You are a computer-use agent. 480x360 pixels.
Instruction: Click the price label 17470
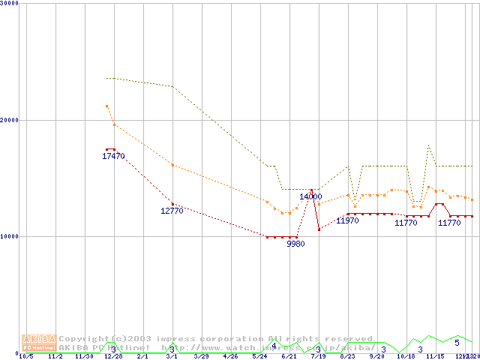(x=113, y=156)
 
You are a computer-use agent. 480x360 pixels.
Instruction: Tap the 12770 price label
(x=172, y=211)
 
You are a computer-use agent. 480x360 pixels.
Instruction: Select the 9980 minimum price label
(x=295, y=244)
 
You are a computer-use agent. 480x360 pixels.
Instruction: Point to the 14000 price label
(x=310, y=196)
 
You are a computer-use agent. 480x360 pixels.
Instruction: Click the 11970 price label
(x=347, y=220)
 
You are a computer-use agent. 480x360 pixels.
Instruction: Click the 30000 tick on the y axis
(x=10, y=3)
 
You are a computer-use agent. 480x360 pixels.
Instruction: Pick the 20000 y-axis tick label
(x=10, y=120)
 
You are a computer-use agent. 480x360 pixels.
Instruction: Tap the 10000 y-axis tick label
(x=10, y=236)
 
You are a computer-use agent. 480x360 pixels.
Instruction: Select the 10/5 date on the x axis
(x=25, y=356)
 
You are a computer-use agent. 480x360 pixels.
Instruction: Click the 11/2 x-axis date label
(x=55, y=356)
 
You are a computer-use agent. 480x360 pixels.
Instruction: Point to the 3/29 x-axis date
(x=201, y=356)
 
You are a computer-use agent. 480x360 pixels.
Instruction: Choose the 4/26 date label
(x=230, y=356)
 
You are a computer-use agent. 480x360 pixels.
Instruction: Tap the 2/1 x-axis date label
(x=142, y=356)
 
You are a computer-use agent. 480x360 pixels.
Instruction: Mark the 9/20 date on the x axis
(x=376, y=356)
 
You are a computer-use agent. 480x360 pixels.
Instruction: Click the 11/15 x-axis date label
(x=435, y=356)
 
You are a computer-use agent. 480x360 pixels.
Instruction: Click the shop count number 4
(x=274, y=346)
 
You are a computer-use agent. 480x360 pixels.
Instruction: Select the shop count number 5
(x=457, y=343)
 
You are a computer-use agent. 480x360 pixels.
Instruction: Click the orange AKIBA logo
(x=38, y=343)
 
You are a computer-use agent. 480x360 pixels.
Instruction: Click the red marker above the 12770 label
(x=172, y=204)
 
